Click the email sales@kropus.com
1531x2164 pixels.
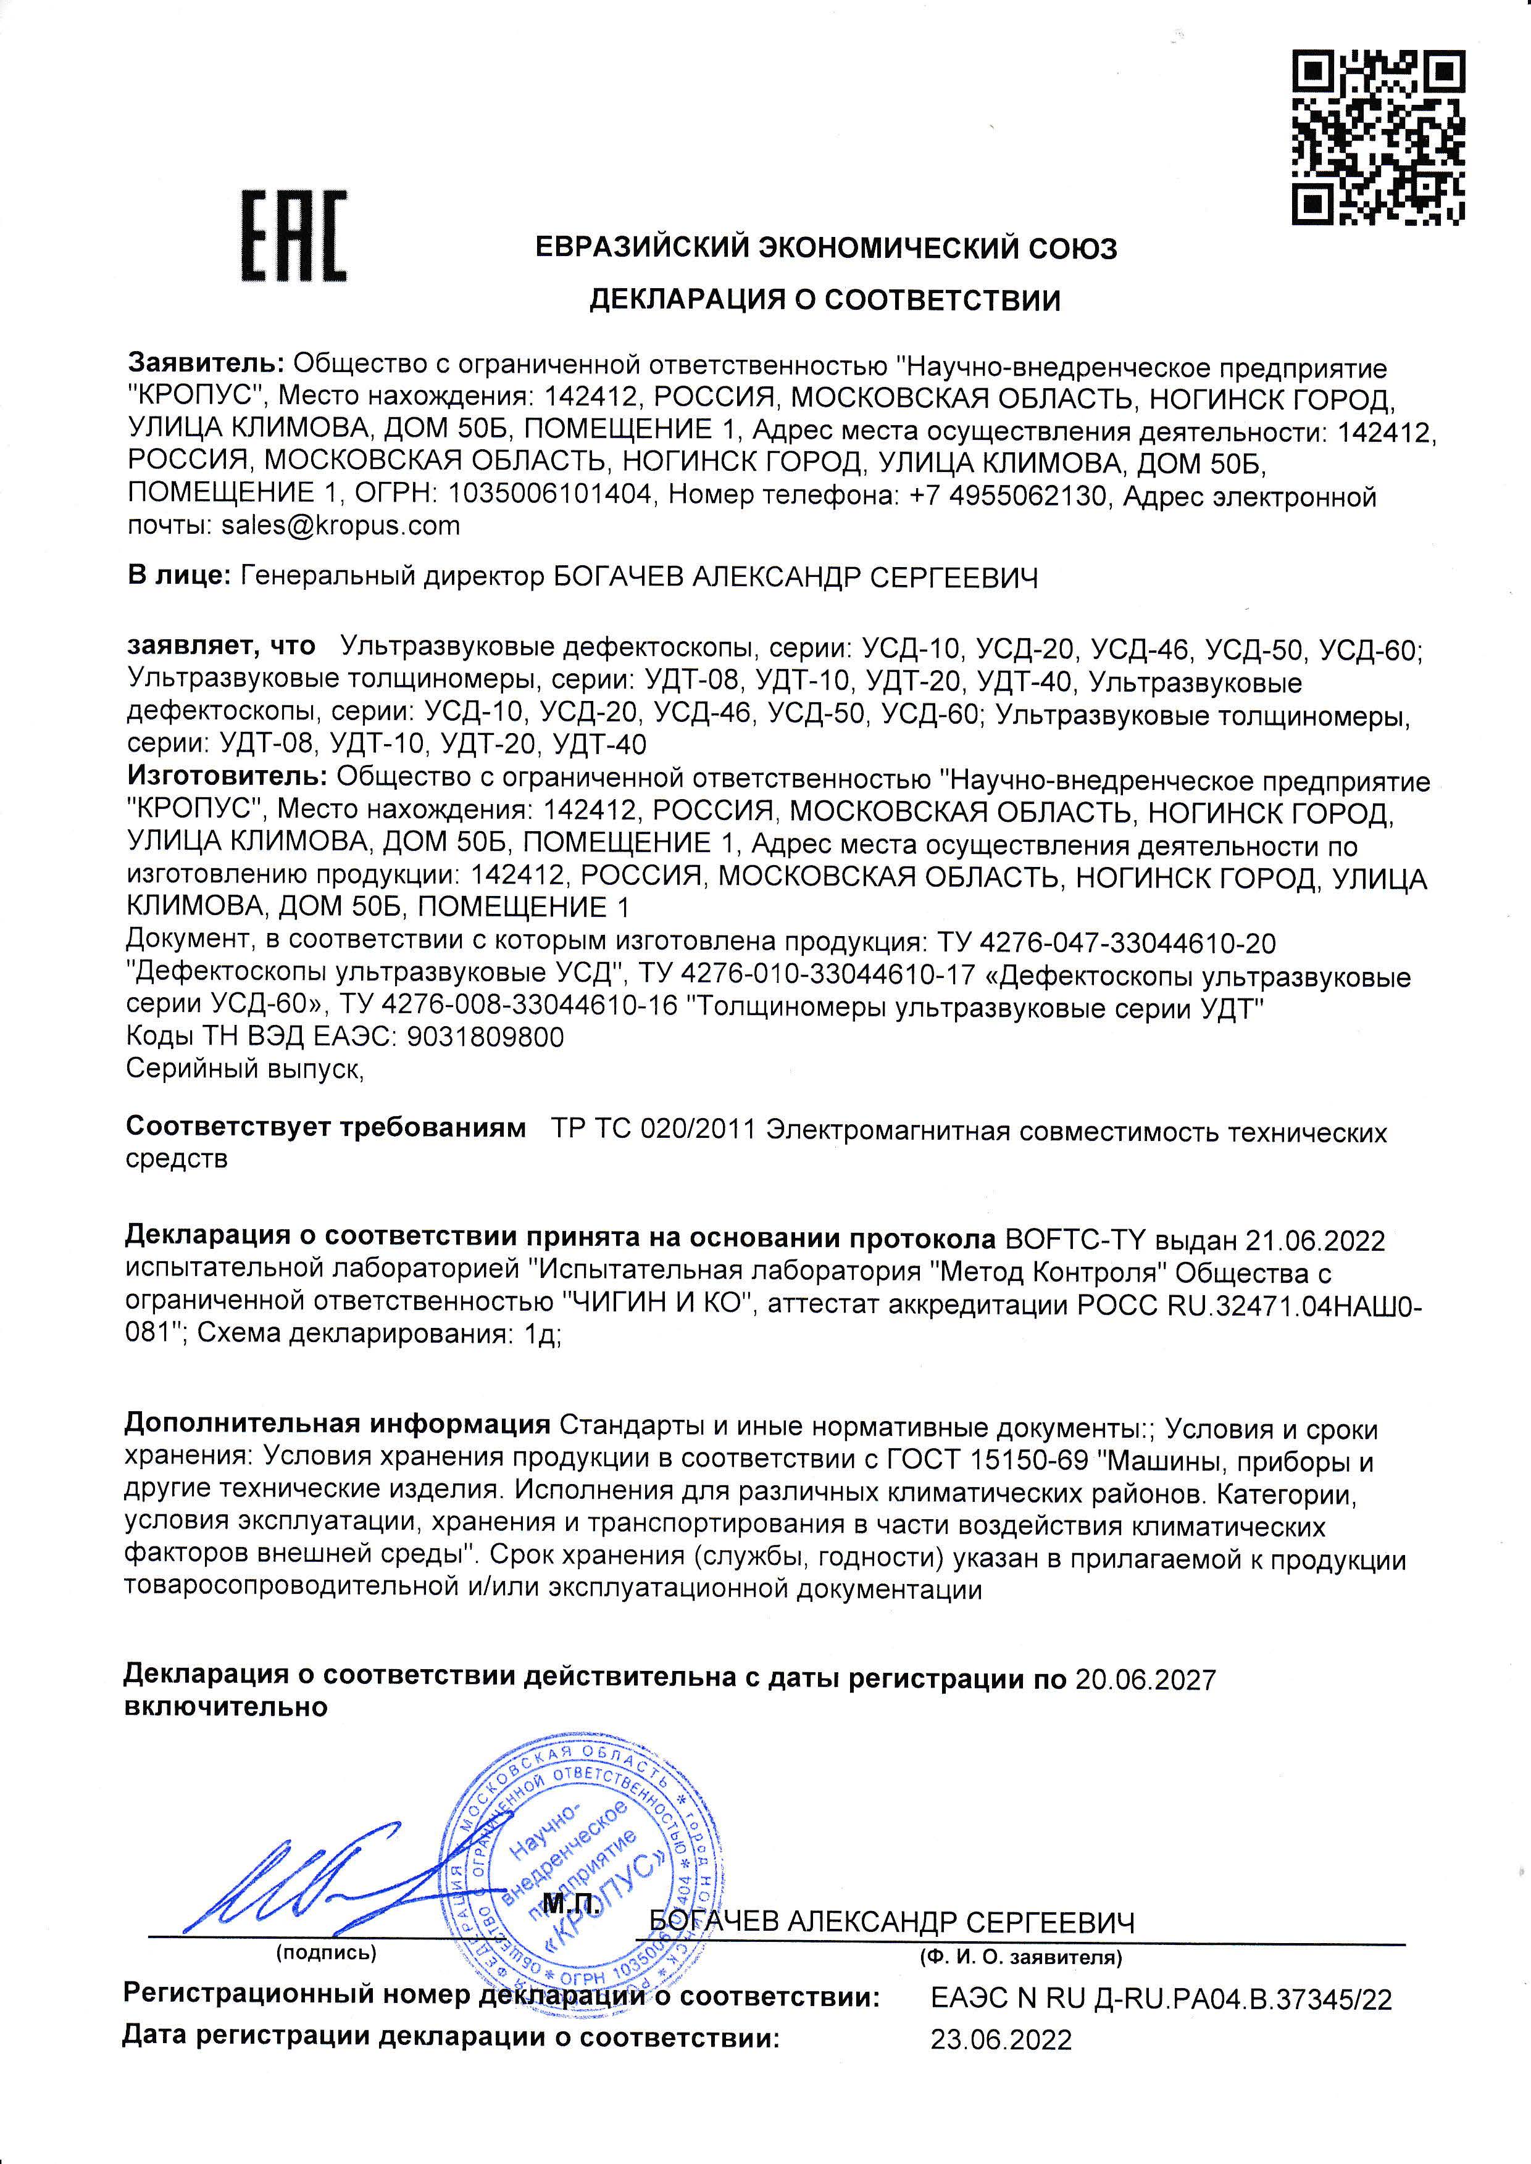tap(340, 526)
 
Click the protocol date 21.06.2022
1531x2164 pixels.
tap(1315, 1240)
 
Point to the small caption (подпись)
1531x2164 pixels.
tap(325, 1954)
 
